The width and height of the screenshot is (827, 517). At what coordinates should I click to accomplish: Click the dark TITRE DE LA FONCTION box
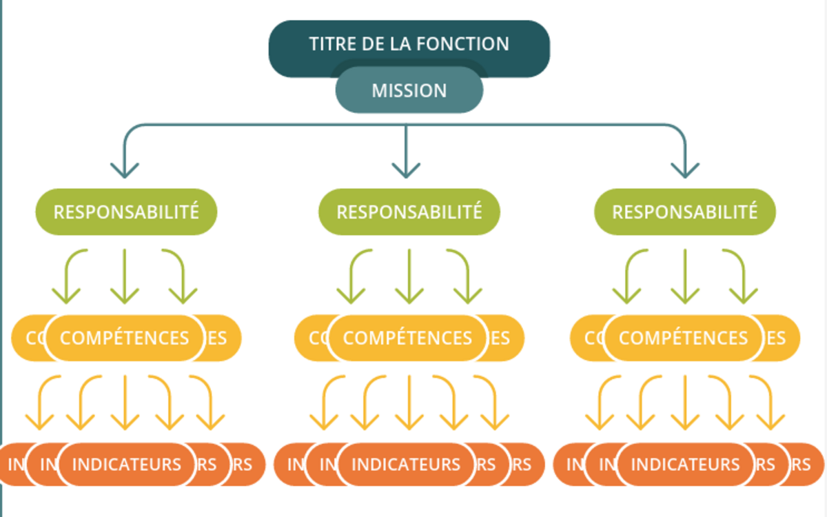pyautogui.click(x=409, y=38)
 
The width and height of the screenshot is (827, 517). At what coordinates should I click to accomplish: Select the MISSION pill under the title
pyautogui.click(x=409, y=91)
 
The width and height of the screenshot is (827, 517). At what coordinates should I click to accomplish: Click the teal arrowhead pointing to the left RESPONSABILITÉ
pyautogui.click(x=125, y=170)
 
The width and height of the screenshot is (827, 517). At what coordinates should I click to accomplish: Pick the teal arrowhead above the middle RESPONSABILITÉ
pyautogui.click(x=406, y=170)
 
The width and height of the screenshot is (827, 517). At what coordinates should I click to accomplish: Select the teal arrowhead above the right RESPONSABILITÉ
pyautogui.click(x=685, y=170)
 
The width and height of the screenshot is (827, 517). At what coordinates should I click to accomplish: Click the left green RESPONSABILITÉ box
pyautogui.click(x=126, y=212)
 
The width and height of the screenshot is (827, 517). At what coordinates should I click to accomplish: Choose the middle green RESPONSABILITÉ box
pyautogui.click(x=409, y=212)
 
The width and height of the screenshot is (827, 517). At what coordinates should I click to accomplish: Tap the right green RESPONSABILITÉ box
pyautogui.click(x=685, y=212)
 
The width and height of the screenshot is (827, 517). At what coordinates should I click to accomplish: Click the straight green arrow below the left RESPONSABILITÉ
pyautogui.click(x=125, y=276)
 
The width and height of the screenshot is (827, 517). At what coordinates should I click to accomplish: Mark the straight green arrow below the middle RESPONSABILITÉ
pyautogui.click(x=409, y=276)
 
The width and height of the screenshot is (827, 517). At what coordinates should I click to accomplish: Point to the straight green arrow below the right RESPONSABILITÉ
pyautogui.click(x=685, y=276)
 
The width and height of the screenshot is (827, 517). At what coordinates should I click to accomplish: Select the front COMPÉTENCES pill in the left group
pyautogui.click(x=125, y=338)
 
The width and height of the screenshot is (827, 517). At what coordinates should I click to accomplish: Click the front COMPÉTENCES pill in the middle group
pyautogui.click(x=407, y=338)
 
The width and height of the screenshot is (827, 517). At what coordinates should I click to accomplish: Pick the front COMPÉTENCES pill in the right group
pyautogui.click(x=683, y=338)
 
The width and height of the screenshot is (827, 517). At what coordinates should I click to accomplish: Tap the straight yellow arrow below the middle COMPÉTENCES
pyautogui.click(x=409, y=402)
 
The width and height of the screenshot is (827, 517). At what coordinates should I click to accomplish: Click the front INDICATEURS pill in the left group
pyautogui.click(x=127, y=465)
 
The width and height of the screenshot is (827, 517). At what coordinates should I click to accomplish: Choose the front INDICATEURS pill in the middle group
pyautogui.click(x=406, y=465)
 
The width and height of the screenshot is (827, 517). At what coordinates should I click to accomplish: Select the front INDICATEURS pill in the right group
pyautogui.click(x=685, y=465)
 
